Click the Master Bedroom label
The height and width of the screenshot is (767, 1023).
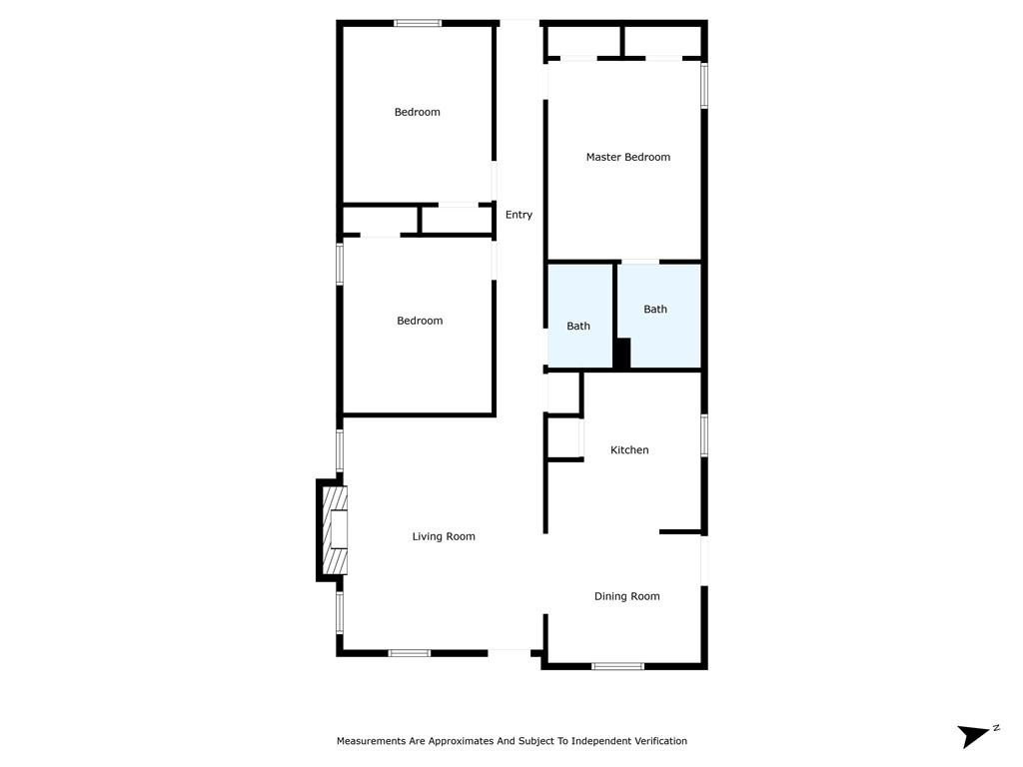point(627,157)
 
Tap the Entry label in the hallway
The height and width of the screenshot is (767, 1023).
point(518,215)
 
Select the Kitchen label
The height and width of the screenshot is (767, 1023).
point(629,450)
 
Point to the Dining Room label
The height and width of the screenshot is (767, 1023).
point(626,596)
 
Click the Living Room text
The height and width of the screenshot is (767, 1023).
point(444,536)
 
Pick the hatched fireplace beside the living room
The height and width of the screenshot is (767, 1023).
point(335,530)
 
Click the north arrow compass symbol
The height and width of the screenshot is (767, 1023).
point(977,735)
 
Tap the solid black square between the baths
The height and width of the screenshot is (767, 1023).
point(621,353)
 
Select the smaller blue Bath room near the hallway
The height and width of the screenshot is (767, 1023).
point(579,316)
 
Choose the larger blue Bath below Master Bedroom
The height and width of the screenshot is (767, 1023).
point(659,316)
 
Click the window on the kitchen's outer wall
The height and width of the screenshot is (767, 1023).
point(704,435)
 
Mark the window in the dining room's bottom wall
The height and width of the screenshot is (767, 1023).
point(617,666)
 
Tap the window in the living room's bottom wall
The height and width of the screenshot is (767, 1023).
point(409,653)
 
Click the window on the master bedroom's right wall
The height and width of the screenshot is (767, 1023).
point(704,85)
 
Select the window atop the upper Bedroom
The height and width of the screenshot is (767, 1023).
point(418,24)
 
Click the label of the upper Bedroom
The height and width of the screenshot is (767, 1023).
point(417,112)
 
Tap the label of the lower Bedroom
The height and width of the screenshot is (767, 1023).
point(420,321)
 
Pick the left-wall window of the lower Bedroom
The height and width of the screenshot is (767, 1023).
point(340,264)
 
